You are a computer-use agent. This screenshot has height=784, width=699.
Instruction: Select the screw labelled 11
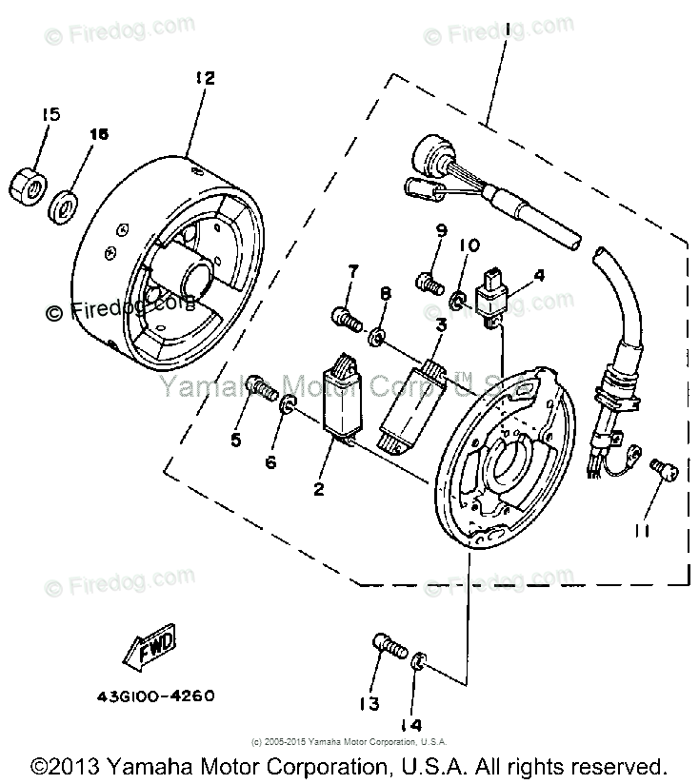click(657, 467)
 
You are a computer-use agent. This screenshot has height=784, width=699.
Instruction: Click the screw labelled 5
click(261, 386)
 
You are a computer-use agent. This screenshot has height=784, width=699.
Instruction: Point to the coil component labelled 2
click(345, 400)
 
